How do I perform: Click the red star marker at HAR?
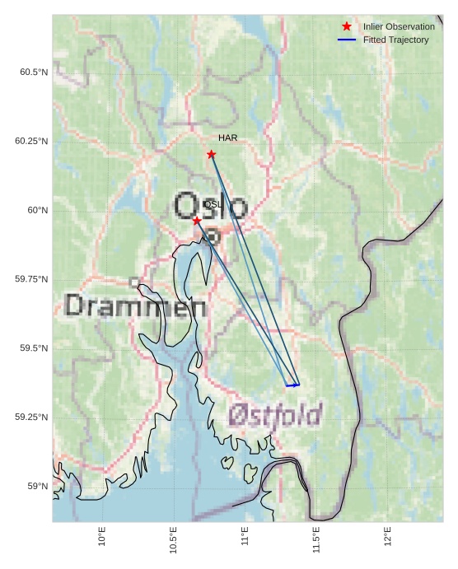212,154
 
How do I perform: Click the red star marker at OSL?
197,221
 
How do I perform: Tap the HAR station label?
227,138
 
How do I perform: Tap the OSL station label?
213,204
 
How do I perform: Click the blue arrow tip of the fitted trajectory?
298,385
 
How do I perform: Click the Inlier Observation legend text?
399,27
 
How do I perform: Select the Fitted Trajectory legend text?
395,40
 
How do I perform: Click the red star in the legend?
347,27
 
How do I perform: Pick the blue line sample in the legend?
347,40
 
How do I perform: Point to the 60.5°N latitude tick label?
34,72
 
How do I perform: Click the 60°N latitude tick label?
37,210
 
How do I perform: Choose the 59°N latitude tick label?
37,486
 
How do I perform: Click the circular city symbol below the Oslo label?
213,236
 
